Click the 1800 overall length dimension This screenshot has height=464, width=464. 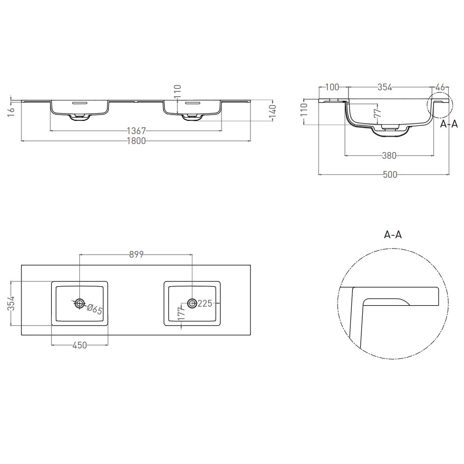[x=136, y=141]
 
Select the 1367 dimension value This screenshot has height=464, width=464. [x=136, y=130]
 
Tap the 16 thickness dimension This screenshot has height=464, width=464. [x=11, y=111]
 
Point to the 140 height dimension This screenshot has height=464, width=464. [x=273, y=111]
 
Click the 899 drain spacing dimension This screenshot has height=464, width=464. [x=136, y=254]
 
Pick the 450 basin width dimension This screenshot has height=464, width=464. [x=79, y=345]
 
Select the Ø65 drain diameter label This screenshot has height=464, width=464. [x=95, y=309]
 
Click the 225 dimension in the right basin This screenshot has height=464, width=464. [x=205, y=303]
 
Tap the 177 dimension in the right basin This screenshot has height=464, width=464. [x=182, y=313]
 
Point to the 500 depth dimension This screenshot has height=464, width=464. [x=390, y=174]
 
